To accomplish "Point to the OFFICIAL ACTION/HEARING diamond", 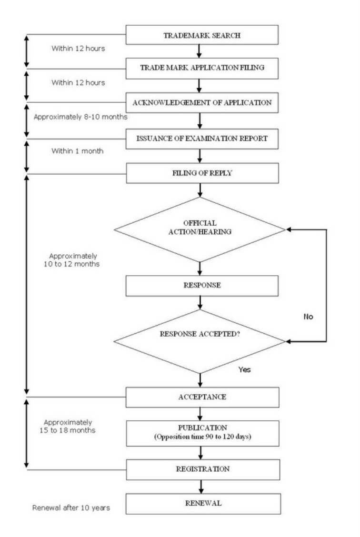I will [200, 229].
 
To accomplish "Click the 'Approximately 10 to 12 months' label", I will [72, 260].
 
